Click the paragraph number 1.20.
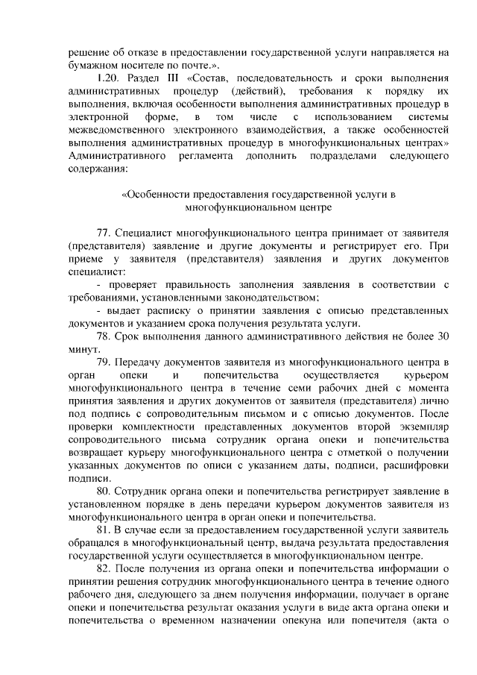109,78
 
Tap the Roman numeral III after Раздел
172,78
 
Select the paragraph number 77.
105,231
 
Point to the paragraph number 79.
105,362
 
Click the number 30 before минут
442,336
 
